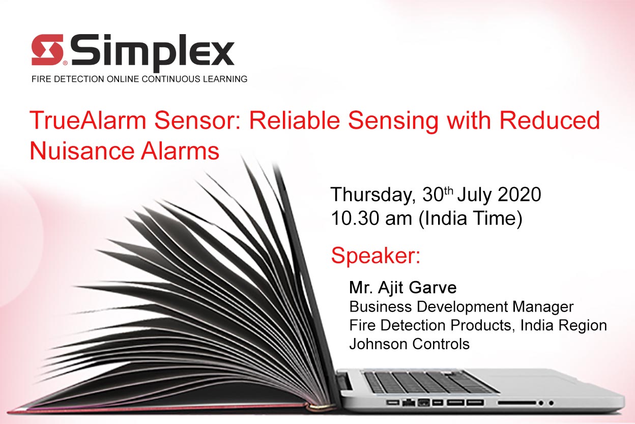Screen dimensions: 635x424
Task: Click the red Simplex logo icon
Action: (x=47, y=50)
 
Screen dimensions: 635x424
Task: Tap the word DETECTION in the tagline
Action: (x=79, y=79)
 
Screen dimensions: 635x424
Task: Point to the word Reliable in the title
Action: (x=294, y=120)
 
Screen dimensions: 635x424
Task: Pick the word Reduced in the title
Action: (x=550, y=120)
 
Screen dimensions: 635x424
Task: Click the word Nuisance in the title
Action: (x=82, y=151)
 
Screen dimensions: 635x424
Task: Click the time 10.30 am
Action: (x=371, y=218)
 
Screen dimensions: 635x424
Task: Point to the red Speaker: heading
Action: (x=376, y=256)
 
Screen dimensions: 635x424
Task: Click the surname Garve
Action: (x=432, y=288)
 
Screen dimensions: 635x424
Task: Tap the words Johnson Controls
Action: (x=410, y=344)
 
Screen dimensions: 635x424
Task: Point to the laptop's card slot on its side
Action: (x=517, y=403)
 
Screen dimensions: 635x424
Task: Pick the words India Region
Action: (x=564, y=326)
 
